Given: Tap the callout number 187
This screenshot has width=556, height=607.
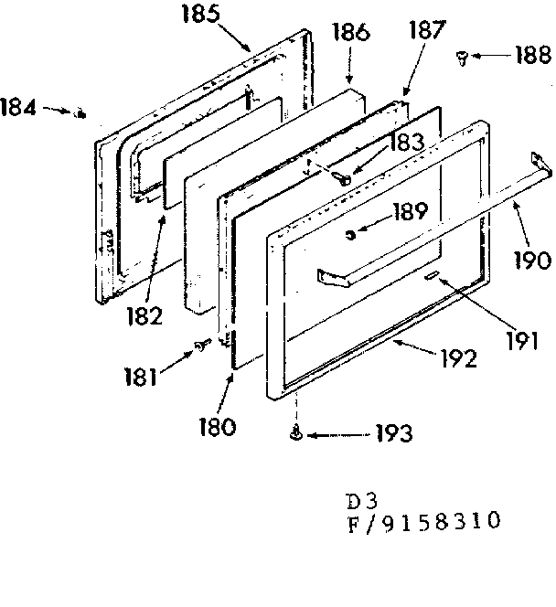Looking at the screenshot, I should point(426,29).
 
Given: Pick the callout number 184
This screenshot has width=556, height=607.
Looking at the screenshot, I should point(19,106).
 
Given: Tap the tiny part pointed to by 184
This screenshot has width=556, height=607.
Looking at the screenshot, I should point(80,113).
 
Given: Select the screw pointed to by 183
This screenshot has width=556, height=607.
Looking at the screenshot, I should point(345,180).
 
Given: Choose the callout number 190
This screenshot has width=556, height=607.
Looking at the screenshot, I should point(531,260).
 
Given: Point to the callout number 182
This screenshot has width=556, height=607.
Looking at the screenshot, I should point(144,316).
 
